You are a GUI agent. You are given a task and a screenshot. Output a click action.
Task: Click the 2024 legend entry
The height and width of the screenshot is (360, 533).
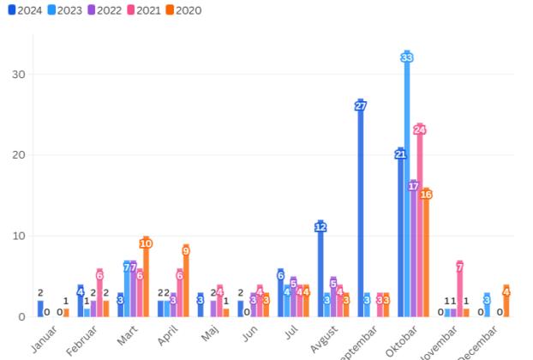pyautogui.click(x=26, y=11)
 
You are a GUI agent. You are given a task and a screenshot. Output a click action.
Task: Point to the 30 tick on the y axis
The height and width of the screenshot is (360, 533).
pyautogui.click(x=20, y=75)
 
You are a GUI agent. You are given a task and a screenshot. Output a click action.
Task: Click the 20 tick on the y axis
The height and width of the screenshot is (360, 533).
pyautogui.click(x=20, y=155)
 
